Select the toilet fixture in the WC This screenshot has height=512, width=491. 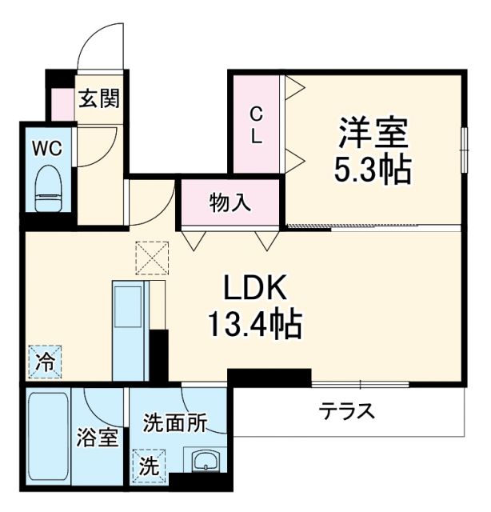click(x=49, y=186)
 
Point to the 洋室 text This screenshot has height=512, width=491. click(x=373, y=133)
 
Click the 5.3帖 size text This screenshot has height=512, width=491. click(x=373, y=169)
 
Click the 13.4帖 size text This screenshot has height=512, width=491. click(x=255, y=324)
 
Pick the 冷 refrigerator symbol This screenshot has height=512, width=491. click(x=46, y=362)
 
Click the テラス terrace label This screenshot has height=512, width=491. click(x=347, y=412)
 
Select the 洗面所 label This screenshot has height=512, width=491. click(x=175, y=423)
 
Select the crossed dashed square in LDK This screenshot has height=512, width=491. click(x=153, y=258)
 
